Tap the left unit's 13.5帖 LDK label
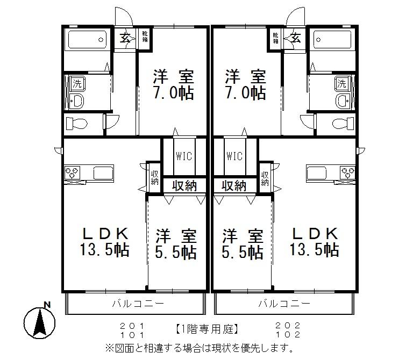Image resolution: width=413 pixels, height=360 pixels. [105, 242]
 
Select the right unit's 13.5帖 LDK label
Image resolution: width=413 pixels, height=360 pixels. [315, 242]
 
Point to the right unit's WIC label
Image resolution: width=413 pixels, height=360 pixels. [235, 156]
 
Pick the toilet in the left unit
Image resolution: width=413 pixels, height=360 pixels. [77, 123]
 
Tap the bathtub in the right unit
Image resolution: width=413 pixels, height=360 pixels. [332, 39]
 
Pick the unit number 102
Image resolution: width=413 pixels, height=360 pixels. [287, 333]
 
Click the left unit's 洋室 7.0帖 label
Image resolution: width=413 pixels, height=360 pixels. [173, 84]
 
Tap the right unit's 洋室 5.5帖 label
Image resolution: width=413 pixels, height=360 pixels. [243, 243]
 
